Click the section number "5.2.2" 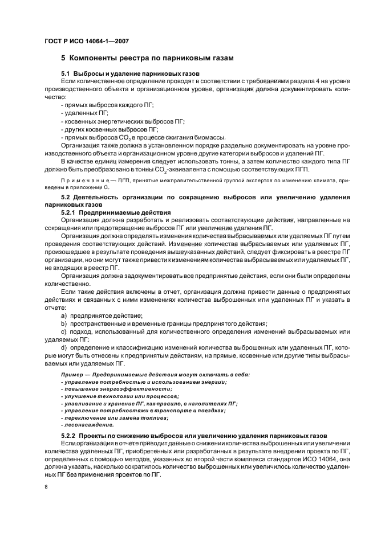[x=69, y=436]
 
